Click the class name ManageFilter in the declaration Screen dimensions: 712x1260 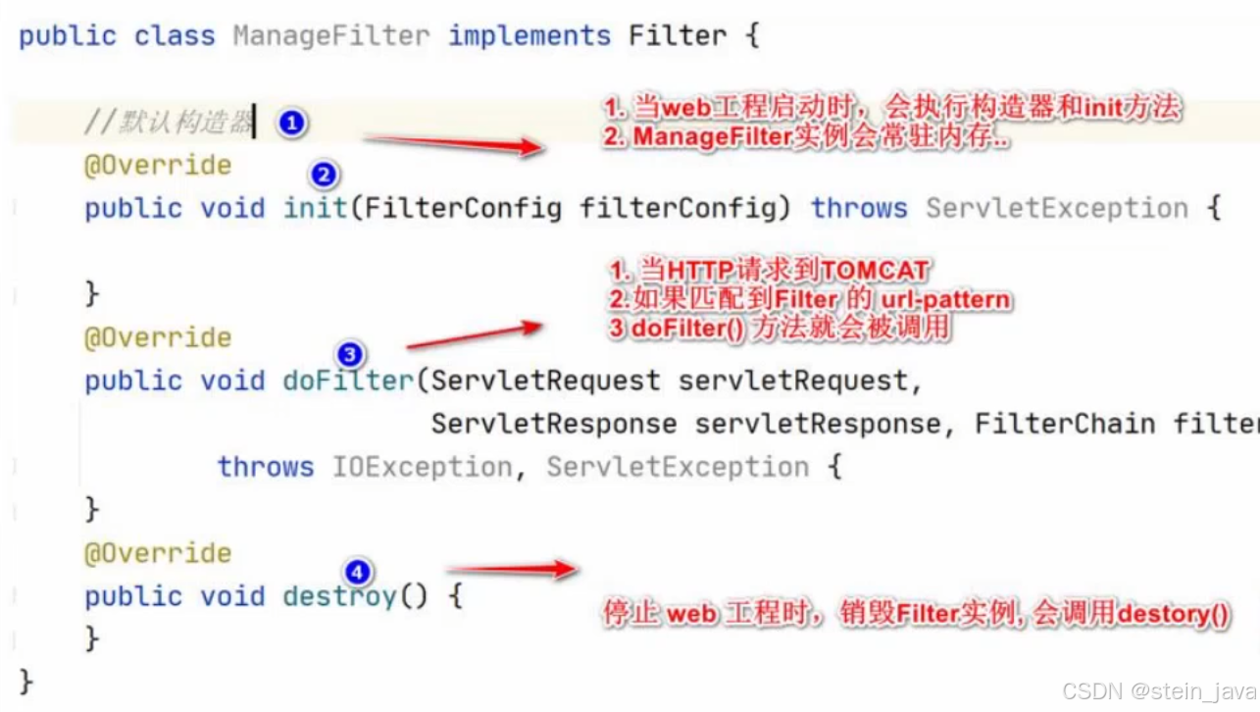[331, 36]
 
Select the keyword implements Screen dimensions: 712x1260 [529, 36]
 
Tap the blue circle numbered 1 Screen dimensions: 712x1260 [291, 124]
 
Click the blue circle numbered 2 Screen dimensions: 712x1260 [324, 176]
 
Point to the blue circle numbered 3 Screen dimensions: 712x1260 [349, 354]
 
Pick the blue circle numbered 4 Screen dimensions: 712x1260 [359, 571]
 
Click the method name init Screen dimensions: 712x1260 [316, 208]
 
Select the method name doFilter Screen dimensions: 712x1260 [348, 381]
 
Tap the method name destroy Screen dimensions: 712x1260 [339, 596]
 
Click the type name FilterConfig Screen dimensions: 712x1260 [463, 208]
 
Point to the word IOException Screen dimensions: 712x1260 [422, 467]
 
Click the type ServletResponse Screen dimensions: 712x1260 [554, 424]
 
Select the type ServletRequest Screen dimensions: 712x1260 [545, 381]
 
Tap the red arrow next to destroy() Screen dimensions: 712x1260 [511, 569]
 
